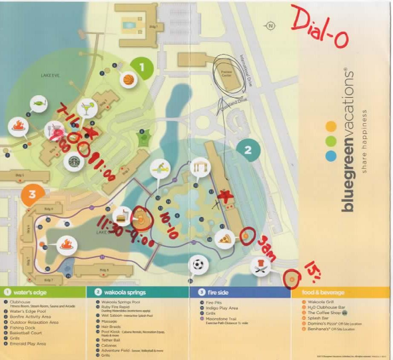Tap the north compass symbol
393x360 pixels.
[x=270, y=26]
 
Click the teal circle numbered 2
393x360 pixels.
[x=248, y=150]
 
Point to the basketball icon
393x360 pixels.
[x=129, y=80]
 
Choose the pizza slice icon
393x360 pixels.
[x=225, y=238]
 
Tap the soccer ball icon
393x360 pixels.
[x=198, y=264]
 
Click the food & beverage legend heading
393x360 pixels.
[x=322, y=291]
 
